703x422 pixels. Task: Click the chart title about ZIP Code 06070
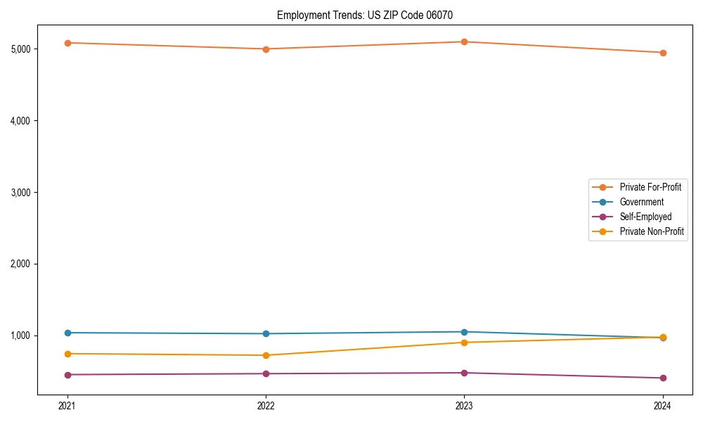pos(369,15)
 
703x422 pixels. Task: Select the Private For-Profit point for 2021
pos(67,43)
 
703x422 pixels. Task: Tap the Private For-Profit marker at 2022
pos(266,49)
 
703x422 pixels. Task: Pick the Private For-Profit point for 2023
pos(464,41)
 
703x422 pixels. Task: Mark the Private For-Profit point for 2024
pos(663,53)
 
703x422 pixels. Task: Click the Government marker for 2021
pos(67,333)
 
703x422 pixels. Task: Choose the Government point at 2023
pos(464,332)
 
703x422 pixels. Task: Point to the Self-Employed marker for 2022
pos(266,373)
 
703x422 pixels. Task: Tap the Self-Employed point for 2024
pos(663,378)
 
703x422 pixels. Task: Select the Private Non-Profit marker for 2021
pos(67,354)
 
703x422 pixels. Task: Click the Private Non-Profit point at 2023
pos(464,343)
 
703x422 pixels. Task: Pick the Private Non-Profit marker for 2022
pos(266,355)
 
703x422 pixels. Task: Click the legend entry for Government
pos(641,202)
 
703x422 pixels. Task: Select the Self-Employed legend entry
pos(645,217)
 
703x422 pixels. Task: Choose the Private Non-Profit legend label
pos(652,231)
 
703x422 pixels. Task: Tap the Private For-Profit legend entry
pos(650,187)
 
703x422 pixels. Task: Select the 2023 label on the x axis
pos(464,405)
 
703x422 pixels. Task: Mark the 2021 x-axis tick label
pos(67,405)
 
